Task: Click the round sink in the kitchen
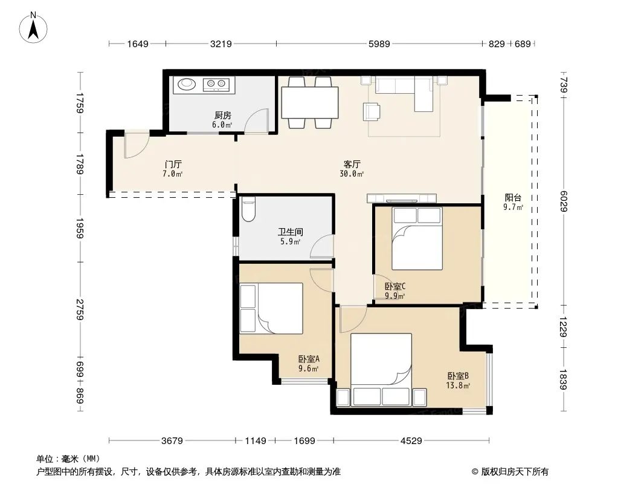click(187, 84)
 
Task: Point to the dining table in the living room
click(310, 102)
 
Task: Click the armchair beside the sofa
click(372, 111)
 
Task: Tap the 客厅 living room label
click(352, 164)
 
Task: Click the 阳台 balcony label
click(513, 198)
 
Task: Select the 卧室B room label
click(458, 376)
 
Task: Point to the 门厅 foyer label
click(173, 164)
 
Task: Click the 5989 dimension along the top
click(379, 44)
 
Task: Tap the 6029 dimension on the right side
click(564, 201)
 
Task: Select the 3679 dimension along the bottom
click(172, 441)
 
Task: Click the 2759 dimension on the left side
click(80, 310)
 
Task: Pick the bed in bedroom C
click(417, 238)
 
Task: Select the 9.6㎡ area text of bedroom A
click(309, 369)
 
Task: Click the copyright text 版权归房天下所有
click(515, 472)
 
